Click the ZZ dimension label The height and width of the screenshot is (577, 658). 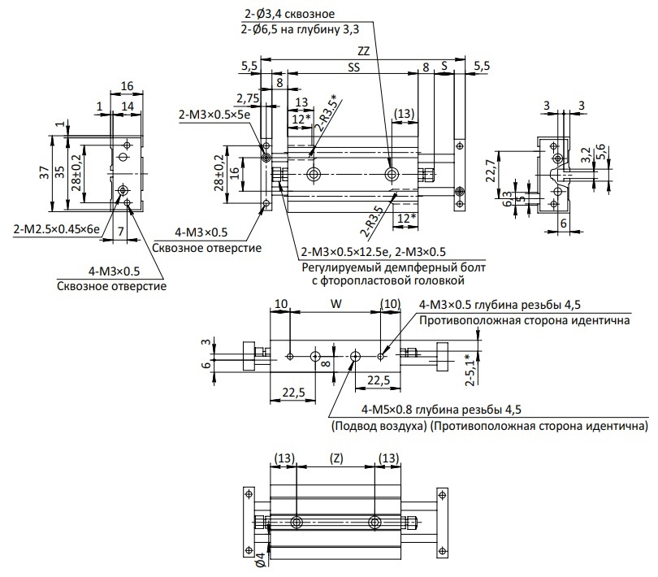[363, 51]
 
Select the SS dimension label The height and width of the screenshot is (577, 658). [353, 67]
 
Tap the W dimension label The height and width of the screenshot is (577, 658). [336, 304]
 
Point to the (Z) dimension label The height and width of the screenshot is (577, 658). [335, 458]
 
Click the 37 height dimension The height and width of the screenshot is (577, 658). [45, 172]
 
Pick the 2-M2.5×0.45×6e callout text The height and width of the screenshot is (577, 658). [57, 229]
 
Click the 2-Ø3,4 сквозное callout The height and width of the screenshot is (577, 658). [289, 14]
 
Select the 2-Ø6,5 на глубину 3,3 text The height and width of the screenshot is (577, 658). [300, 29]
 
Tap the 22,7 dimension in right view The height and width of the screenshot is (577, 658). [490, 171]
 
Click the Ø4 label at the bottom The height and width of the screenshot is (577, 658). [261, 561]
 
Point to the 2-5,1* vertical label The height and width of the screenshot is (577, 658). [470, 370]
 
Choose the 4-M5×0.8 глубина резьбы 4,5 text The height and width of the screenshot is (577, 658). [441, 410]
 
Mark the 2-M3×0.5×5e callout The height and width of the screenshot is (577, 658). [214, 115]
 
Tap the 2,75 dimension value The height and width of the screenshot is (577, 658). [248, 98]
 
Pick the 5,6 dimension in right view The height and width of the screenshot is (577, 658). [600, 152]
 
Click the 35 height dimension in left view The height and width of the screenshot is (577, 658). [59, 171]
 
